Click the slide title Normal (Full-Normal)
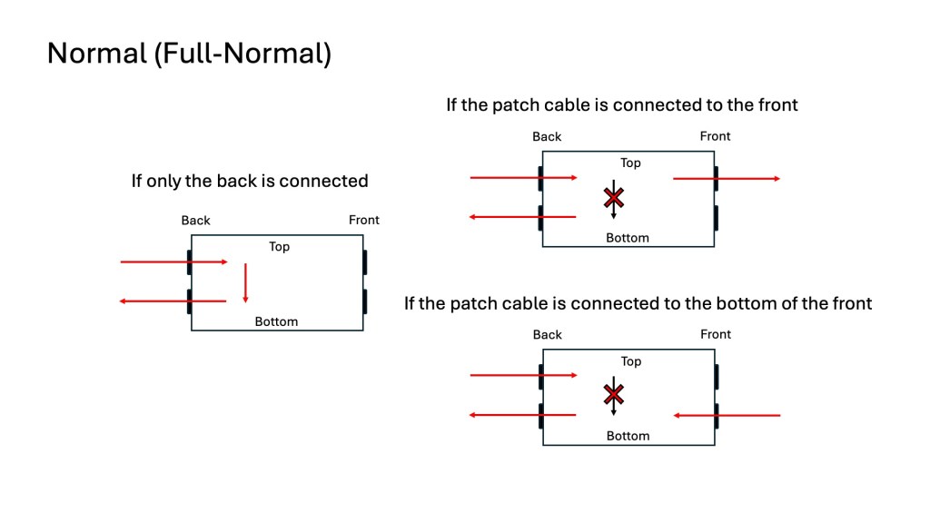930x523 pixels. click(189, 54)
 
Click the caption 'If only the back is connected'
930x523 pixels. click(250, 181)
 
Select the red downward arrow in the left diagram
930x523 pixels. click(245, 283)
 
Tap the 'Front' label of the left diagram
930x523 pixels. click(364, 220)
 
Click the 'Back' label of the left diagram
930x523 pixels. click(195, 220)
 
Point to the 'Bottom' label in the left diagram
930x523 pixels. click(276, 321)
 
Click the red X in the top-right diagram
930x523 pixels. click(615, 197)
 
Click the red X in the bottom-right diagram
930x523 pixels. click(615, 394)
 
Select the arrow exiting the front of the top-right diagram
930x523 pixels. click(726, 179)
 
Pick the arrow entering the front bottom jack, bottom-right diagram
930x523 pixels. click(727, 415)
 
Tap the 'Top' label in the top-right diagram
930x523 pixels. click(630, 163)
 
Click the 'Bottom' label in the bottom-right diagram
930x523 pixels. click(628, 436)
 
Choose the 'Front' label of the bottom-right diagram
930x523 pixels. click(716, 334)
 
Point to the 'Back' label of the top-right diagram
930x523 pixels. click(547, 136)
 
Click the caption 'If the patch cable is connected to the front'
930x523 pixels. click(621, 104)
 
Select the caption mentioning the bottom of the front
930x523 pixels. click(638, 303)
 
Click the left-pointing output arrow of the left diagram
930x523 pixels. click(173, 301)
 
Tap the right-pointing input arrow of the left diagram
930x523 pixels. click(173, 262)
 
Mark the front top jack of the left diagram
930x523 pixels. click(364, 262)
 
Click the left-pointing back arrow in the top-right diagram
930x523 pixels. click(522, 216)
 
